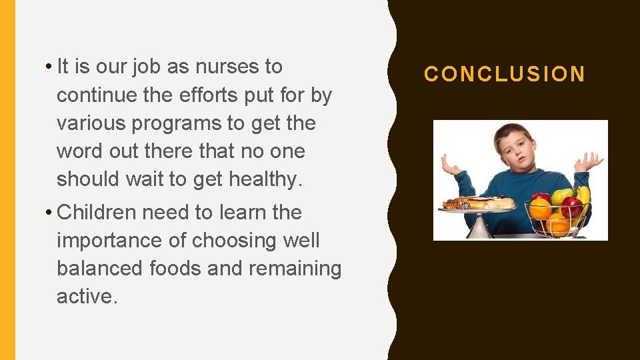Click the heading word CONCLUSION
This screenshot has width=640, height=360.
click(505, 74)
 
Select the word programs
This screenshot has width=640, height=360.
click(179, 123)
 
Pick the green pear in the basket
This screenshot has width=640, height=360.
click(562, 195)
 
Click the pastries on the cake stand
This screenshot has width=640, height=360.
click(479, 203)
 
